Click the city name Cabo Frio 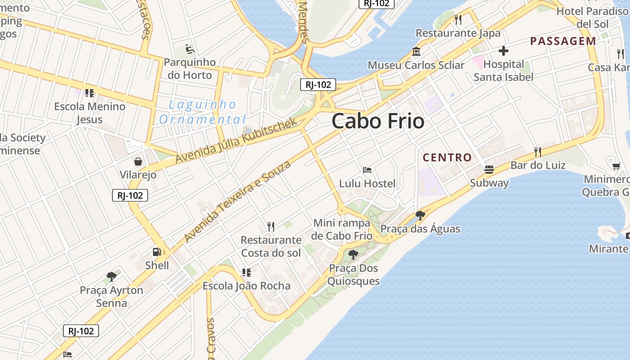[378, 121]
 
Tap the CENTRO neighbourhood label [447, 157]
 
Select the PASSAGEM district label [563, 41]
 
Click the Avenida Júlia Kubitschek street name [236, 140]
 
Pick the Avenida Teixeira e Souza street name [238, 201]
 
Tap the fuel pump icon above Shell [157, 252]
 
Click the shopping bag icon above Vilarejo [138, 161]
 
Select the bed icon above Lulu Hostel [367, 170]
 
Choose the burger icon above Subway [489, 170]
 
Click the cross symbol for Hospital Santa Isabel [504, 51]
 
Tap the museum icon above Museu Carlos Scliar [416, 52]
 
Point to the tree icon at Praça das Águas [420, 216]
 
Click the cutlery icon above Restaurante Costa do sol [271, 226]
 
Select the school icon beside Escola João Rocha [246, 273]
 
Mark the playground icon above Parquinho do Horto [190, 49]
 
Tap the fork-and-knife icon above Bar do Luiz [537, 152]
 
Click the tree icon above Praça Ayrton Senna [112, 277]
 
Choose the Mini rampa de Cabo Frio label [342, 229]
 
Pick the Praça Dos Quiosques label [353, 274]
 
